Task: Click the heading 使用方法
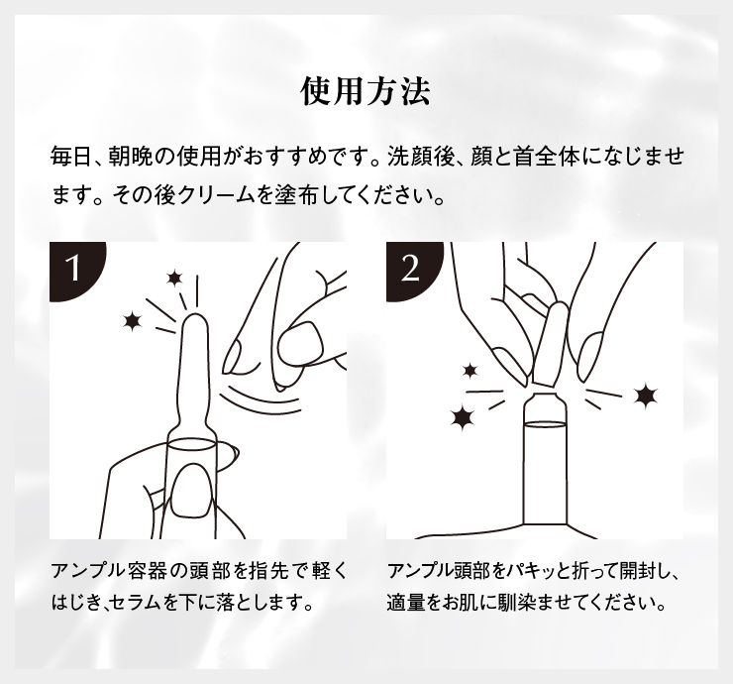366,92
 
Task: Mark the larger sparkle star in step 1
131,319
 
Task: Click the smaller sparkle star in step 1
176,278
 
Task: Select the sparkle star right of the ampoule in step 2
647,396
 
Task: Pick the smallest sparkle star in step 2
470,370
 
